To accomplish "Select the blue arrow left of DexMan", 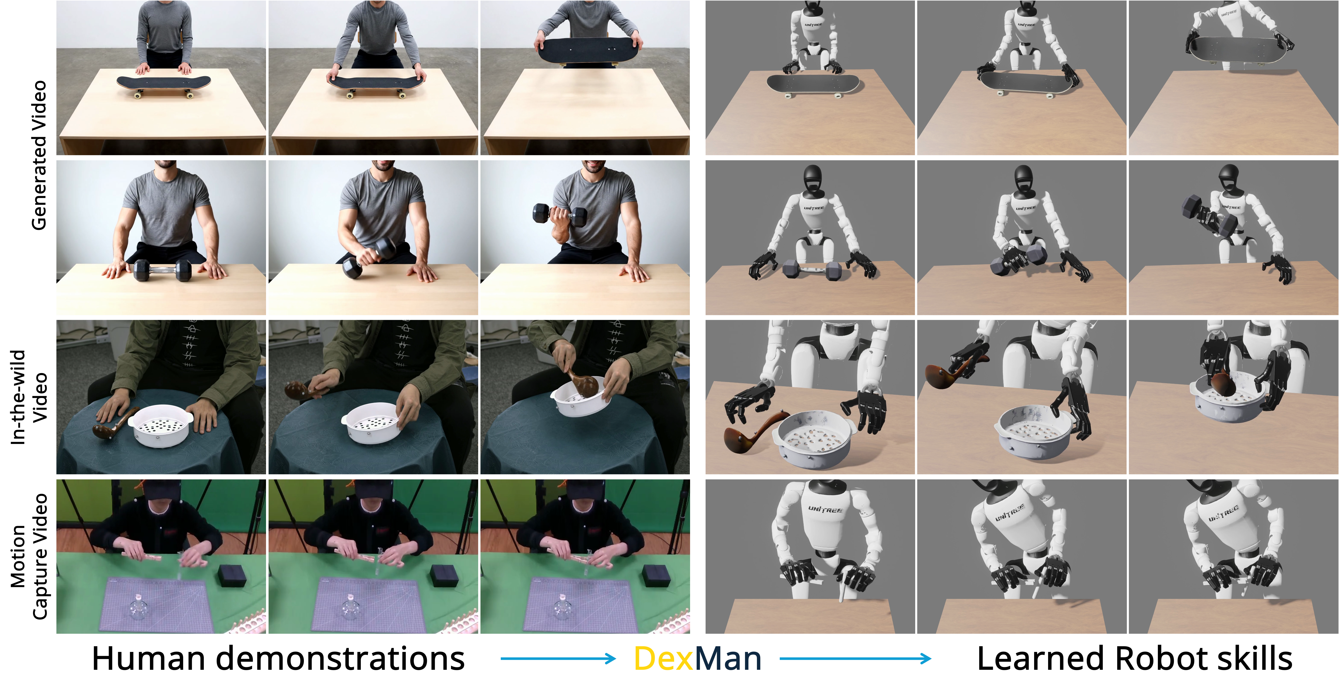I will pyautogui.click(x=558, y=659).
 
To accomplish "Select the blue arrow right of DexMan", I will pyautogui.click(x=855, y=659).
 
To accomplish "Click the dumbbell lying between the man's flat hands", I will pyautogui.click(x=163, y=271).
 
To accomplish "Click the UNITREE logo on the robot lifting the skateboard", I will pyautogui.click(x=1229, y=12).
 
